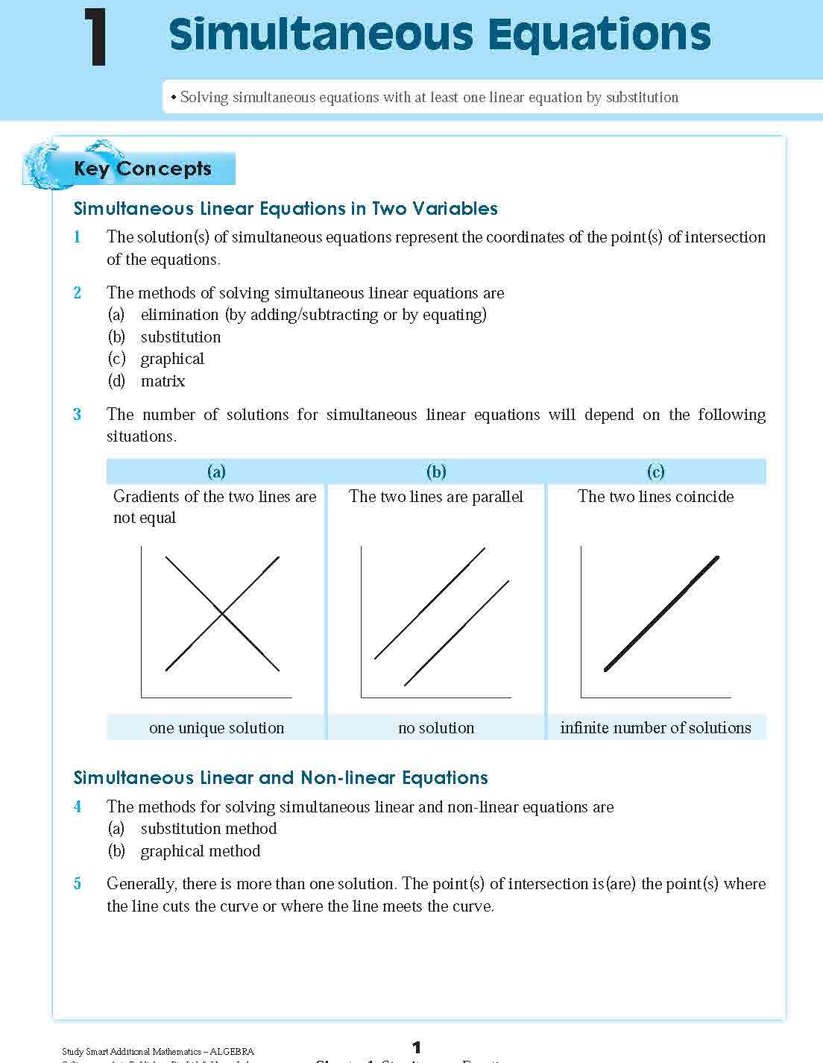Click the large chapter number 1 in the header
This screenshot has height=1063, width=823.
[x=95, y=37]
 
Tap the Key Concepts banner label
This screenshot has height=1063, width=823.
[x=142, y=169]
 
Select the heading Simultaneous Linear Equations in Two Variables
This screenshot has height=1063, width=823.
[x=286, y=209]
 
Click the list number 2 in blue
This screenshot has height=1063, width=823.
[x=78, y=292]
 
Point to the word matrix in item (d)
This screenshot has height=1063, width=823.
[x=163, y=381]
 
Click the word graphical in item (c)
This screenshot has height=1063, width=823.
[x=172, y=359]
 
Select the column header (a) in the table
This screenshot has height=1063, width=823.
[x=216, y=471]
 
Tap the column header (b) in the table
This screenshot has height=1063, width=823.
[x=436, y=471]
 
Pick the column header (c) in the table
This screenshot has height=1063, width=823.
[x=655, y=471]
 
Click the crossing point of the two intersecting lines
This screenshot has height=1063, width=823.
[x=222, y=614]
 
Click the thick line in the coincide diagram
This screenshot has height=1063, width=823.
[x=661, y=613]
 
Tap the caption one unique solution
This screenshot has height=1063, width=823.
[x=216, y=728]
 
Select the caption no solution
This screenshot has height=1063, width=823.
[x=436, y=728]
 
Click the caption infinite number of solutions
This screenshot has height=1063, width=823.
[x=655, y=728]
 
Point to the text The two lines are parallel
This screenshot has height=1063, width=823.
[x=436, y=497]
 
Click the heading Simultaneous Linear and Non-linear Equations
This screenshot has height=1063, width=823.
[x=280, y=778]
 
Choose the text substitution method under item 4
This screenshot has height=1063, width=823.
[x=208, y=829]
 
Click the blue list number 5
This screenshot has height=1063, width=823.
[x=78, y=884]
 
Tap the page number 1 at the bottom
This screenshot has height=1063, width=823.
[x=417, y=1047]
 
